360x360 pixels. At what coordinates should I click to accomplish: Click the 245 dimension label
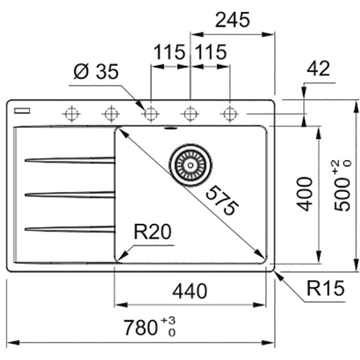pos(232,20)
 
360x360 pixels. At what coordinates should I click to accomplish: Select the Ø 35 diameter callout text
pos(96,72)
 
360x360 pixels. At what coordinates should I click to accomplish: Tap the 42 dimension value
pos(318,69)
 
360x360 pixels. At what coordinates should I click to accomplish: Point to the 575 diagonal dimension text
pos(221,201)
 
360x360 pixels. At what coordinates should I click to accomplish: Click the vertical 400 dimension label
pos(305,193)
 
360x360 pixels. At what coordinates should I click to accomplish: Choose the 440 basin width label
pos(190,292)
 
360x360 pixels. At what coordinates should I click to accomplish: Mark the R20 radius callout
pos(152,232)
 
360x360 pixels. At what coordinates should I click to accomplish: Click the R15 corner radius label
pos(326,290)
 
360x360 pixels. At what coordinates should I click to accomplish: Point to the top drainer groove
pos(69,160)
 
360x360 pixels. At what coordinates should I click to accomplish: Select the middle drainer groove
pos(69,194)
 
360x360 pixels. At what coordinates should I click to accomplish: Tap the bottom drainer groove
pos(69,228)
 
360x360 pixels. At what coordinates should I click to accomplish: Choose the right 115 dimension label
pos(209,53)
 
